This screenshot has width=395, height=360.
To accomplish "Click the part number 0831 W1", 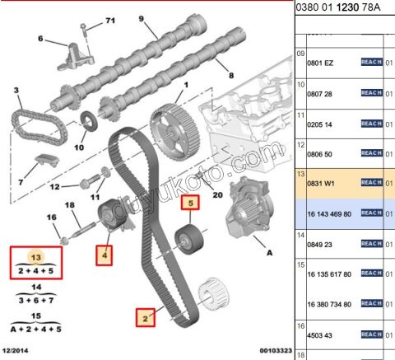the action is tap(321, 183).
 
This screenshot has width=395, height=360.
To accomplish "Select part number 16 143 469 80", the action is tap(329, 214).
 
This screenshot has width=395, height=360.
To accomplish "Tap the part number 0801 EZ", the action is tap(320, 63).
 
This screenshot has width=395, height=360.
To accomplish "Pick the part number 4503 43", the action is tap(319, 335).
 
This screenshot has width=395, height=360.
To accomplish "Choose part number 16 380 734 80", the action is tap(329, 304).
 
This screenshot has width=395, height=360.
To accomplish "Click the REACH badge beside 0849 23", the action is tap(372, 244).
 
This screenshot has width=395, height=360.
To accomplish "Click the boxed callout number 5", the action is tap(190, 203).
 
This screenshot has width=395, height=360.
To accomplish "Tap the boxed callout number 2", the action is tap(146, 318).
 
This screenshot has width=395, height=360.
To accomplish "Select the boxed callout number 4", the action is tap(105, 255).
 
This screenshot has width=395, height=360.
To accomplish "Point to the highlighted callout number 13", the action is tap(36, 257).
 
